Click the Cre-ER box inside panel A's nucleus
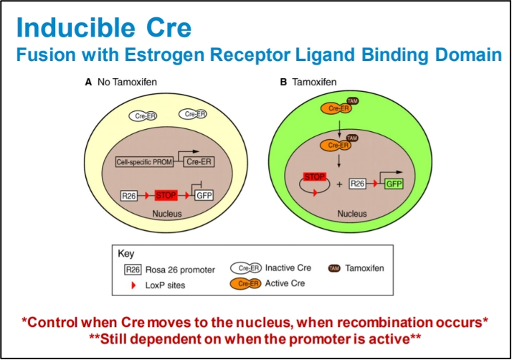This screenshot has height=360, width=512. pyautogui.click(x=202, y=163)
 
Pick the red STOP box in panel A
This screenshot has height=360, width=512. pyautogui.click(x=165, y=195)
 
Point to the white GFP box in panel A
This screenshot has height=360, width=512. pyautogui.click(x=204, y=195)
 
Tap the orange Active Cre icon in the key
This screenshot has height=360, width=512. pyautogui.click(x=245, y=284)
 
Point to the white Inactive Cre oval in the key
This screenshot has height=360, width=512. pyautogui.click(x=245, y=268)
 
